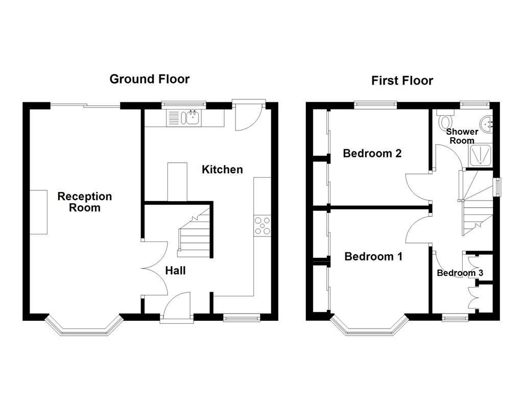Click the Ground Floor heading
coord(150,79)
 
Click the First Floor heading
coord(402,80)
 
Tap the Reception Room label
coord(84,202)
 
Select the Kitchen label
coord(222,169)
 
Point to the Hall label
coord(175,271)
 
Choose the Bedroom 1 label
coord(373,256)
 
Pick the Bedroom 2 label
coord(372,153)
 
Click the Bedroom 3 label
coord(460,273)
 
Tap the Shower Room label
coord(462,136)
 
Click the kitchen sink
coord(192,118)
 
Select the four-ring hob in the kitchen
coord(263,226)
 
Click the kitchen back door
coord(248,116)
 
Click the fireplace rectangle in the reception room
coord(39,212)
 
